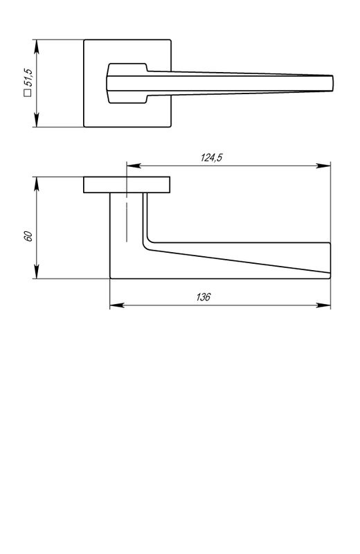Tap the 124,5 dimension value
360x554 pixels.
[x=211, y=158]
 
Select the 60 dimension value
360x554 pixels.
[x=28, y=236]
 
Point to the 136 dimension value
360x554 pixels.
[x=203, y=297]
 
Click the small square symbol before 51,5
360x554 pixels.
[x=28, y=93]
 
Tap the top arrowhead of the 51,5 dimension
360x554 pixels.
[x=37, y=46]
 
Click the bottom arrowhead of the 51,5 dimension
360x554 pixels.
[x=37, y=120]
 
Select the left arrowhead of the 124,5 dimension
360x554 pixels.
[x=134, y=166]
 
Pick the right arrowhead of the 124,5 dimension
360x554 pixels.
[x=323, y=166]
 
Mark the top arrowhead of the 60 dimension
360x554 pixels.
[x=37, y=184]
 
